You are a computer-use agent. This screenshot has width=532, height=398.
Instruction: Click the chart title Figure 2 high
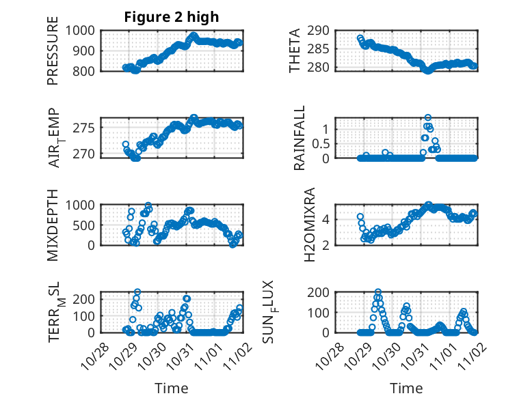(172, 17)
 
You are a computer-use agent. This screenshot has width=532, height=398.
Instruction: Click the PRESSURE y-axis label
(53, 51)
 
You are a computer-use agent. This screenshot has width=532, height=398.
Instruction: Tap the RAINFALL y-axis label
(300, 138)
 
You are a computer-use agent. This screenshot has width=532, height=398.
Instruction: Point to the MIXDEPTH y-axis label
(53, 225)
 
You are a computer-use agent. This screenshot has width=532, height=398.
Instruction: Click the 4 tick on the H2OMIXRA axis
(328, 219)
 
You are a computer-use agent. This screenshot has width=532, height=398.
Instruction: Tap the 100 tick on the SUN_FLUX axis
(321, 312)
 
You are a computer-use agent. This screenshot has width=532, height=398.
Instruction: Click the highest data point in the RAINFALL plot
(428, 117)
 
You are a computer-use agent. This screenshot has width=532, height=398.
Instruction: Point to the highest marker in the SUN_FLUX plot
(378, 292)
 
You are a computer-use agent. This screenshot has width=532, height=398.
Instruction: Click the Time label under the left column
(172, 388)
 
